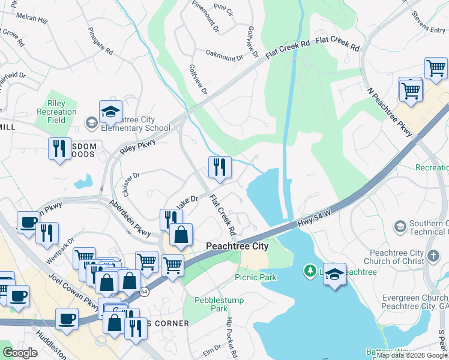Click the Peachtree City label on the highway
click(x=237, y=246)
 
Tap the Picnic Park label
click(x=256, y=277)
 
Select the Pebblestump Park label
click(x=211, y=304)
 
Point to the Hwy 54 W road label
click(x=312, y=223)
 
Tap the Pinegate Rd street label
click(x=100, y=40)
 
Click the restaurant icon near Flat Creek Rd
click(x=220, y=167)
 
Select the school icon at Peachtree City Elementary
click(x=110, y=112)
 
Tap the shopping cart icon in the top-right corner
click(x=436, y=68)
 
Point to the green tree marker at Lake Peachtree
click(x=310, y=272)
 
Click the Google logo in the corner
click(x=20, y=352)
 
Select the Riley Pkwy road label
click(x=137, y=146)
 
